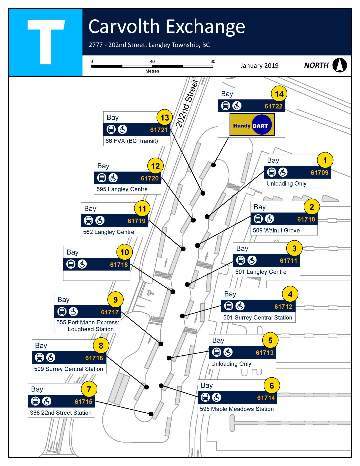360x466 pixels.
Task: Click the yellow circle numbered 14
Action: [279, 94]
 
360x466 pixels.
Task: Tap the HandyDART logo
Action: [252, 125]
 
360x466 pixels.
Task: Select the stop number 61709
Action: [319, 173]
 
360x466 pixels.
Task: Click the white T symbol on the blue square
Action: [46, 41]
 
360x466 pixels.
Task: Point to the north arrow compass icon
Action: [339, 65]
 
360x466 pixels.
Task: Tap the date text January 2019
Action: [259, 66]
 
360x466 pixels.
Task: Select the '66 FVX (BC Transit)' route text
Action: [132, 141]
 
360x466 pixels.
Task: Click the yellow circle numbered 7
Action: [89, 389]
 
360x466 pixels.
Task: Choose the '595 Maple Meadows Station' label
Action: [237, 409]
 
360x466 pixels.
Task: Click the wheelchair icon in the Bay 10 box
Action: [82, 264]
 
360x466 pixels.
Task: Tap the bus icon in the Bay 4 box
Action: [229, 306]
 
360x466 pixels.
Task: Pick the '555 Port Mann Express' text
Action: [88, 322]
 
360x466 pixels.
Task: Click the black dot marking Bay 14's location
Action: [213, 165]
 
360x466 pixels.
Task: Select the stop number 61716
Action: [94, 358]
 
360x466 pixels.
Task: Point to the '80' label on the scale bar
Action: [213, 61]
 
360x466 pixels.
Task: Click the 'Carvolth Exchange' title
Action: [167, 27]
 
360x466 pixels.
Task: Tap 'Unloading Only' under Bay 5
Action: [231, 364]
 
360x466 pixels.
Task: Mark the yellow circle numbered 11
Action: [142, 209]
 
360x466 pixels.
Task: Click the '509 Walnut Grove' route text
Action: [276, 230]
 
